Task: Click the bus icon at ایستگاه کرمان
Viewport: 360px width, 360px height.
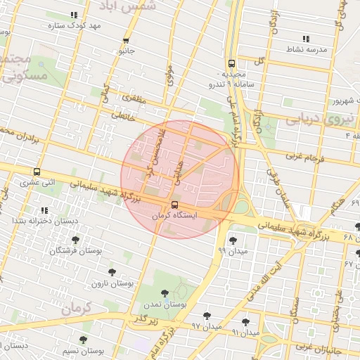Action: click(175, 205)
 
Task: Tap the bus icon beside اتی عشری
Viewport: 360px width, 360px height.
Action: click(37, 171)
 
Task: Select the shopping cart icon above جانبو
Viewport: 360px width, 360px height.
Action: click(126, 41)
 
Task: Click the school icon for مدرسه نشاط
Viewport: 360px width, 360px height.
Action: click(305, 39)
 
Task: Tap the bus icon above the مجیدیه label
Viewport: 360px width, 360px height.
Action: click(231, 62)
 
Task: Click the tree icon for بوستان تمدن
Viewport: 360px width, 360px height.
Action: click(165, 293)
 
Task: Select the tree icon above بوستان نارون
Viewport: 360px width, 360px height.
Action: click(111, 271)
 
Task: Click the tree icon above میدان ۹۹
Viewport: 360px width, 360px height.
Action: click(232, 240)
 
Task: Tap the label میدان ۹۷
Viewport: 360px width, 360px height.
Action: click(207, 327)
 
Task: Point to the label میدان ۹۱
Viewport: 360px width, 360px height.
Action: click(245, 331)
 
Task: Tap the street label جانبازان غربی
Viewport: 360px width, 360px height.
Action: click(318, 347)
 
